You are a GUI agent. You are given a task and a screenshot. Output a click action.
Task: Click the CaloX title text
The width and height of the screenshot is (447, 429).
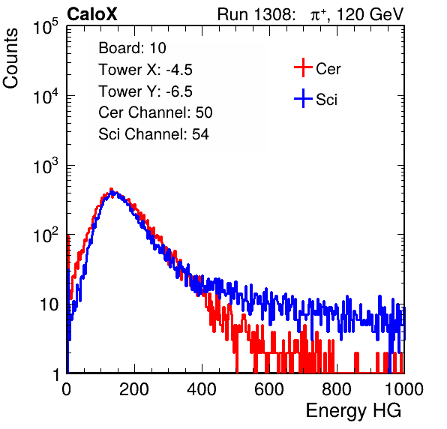coord(91,14)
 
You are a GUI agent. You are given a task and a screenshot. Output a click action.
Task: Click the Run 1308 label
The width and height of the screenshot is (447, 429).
coord(256,14)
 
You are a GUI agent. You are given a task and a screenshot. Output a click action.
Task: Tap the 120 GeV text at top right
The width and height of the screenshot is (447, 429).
coord(370,14)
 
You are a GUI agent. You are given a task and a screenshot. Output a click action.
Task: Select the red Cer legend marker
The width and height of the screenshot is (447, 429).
coord(303,67)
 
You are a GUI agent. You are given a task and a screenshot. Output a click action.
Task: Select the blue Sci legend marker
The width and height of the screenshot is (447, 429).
coord(303,98)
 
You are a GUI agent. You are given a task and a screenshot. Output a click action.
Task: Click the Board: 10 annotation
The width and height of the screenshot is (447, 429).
coord(132,48)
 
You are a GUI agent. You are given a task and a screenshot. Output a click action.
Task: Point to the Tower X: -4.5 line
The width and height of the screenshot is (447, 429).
coord(145,70)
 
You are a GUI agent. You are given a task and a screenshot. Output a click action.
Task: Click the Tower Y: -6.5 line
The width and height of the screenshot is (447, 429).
coord(145,91)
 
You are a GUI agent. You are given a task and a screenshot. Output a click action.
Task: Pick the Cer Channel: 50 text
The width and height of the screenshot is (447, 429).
coord(155,112)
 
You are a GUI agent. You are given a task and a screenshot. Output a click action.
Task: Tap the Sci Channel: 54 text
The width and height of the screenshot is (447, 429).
coord(154,134)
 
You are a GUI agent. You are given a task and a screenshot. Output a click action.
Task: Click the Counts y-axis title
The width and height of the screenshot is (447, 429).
coord(10,58)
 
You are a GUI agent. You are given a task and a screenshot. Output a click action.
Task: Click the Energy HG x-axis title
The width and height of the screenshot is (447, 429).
coord(353,411)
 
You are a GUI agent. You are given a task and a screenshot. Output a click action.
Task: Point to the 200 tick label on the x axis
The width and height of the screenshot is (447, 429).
coord(134,389)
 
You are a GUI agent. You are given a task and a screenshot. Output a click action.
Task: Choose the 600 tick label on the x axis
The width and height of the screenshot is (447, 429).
coord(269,389)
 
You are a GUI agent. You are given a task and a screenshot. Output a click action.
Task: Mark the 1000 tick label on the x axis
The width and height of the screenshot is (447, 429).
coord(404,389)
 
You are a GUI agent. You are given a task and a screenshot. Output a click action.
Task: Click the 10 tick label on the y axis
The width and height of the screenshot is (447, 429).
coord(49,304)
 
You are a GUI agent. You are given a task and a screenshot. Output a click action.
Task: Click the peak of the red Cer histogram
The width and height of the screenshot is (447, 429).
coord(112,189)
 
